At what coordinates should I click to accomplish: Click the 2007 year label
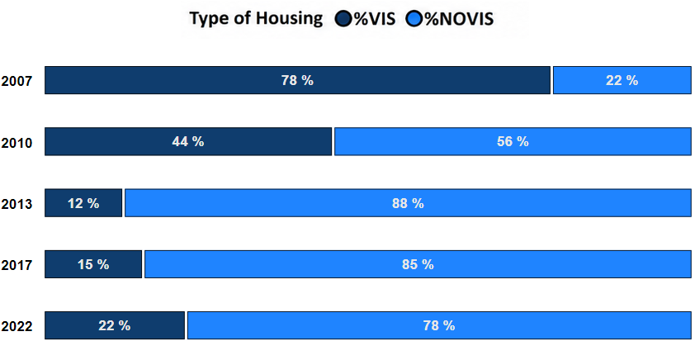click(x=17, y=82)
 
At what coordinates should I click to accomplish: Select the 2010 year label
click(x=17, y=143)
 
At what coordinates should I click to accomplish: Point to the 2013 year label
click(x=17, y=205)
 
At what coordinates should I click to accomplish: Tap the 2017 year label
click(x=17, y=266)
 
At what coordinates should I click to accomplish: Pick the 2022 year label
click(x=17, y=327)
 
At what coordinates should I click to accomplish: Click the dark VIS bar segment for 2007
click(x=297, y=80)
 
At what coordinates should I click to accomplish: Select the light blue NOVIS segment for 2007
click(x=622, y=80)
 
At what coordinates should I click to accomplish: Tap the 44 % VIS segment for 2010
click(x=188, y=141)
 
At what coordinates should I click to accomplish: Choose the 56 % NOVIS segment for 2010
click(x=513, y=141)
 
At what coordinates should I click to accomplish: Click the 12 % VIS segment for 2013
click(x=83, y=203)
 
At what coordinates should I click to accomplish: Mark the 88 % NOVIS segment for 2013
click(x=408, y=203)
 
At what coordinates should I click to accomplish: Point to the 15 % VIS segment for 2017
click(x=93, y=264)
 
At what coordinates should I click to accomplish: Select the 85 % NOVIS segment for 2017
click(x=418, y=264)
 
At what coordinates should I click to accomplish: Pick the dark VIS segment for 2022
click(x=115, y=325)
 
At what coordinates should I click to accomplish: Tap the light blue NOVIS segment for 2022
click(x=439, y=325)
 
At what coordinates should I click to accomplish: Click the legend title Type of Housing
click(x=256, y=19)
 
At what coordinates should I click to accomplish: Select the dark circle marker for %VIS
click(x=343, y=19)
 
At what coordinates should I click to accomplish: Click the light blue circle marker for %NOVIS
click(x=414, y=19)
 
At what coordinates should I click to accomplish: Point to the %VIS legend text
click(x=374, y=19)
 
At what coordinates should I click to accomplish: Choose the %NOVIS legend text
click(x=459, y=19)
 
